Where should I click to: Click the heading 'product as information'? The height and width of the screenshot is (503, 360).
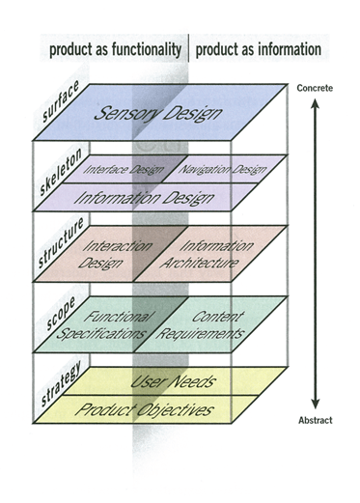click(258, 50)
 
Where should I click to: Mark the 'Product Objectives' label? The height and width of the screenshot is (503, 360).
click(159, 409)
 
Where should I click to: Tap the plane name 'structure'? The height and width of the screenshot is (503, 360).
click(58, 247)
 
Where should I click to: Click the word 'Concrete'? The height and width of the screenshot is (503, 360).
click(315, 89)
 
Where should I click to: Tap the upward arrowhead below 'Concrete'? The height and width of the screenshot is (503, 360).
click(314, 102)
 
